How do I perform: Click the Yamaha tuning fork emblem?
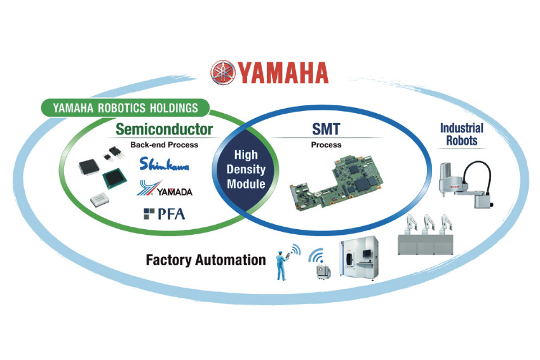click(x=223, y=72)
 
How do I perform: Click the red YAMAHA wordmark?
click(x=283, y=73)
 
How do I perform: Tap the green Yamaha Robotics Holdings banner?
click(x=125, y=108)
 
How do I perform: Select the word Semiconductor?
click(x=164, y=130)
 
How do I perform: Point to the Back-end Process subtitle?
click(x=165, y=145)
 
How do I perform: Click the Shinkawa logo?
click(x=165, y=164)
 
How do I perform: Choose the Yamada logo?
click(x=165, y=189)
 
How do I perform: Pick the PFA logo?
click(x=165, y=214)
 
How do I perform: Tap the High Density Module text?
click(x=246, y=170)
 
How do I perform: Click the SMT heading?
click(x=326, y=130)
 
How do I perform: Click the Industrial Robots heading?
click(x=461, y=134)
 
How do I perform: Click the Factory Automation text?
click(x=206, y=260)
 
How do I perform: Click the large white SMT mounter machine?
click(x=359, y=258)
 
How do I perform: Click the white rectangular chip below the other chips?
click(x=100, y=199)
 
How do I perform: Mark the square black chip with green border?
click(x=115, y=178)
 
